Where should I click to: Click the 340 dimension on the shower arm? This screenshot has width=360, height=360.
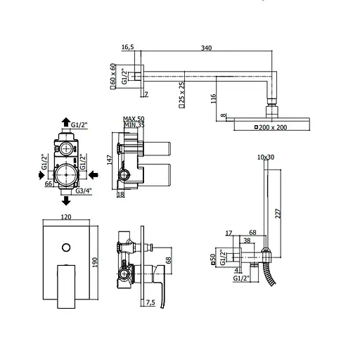pyautogui.click(x=206, y=48)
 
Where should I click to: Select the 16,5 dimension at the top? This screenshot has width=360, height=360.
pyautogui.click(x=128, y=47)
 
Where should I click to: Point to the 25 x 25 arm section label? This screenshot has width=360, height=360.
pyautogui.click(x=181, y=95)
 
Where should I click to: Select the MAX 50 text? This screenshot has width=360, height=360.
pyautogui.click(x=133, y=120)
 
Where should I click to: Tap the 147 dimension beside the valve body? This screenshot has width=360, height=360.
pyautogui.click(x=110, y=160)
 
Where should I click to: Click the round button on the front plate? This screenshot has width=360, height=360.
pyautogui.click(x=66, y=247)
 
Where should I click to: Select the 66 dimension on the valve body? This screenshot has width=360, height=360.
pyautogui.click(x=49, y=185)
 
